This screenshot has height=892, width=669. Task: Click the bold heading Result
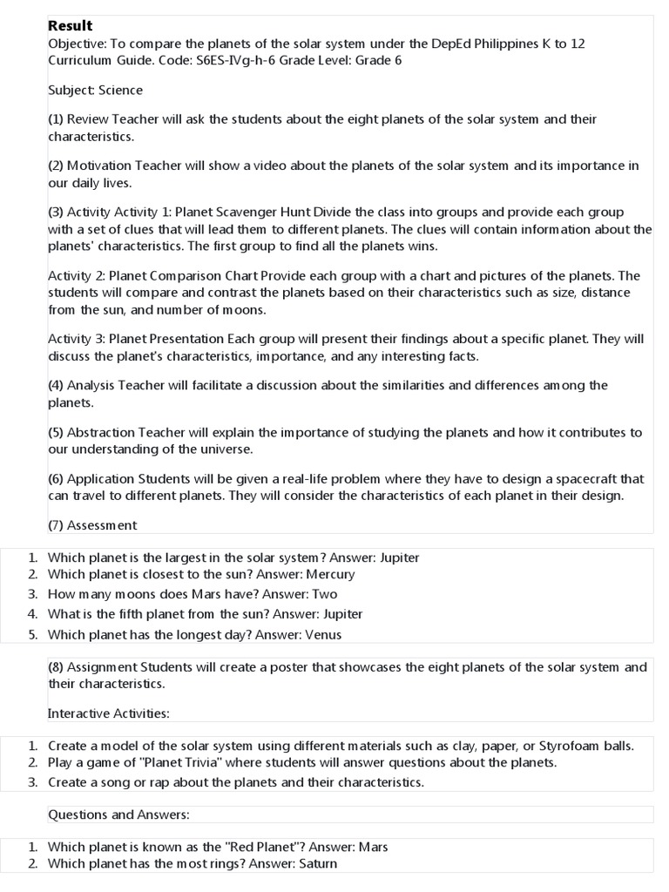click(x=70, y=26)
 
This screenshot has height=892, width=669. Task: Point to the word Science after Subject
click(x=122, y=90)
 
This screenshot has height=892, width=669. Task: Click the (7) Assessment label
click(x=92, y=524)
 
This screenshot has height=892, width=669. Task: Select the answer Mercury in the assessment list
click(x=329, y=574)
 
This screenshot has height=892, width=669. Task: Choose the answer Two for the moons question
click(x=324, y=594)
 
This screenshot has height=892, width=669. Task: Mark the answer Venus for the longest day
click(x=323, y=634)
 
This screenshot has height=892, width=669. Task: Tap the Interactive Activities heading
click(x=109, y=713)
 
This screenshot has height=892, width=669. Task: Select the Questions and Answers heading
click(x=118, y=814)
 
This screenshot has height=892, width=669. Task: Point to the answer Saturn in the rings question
click(x=318, y=863)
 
